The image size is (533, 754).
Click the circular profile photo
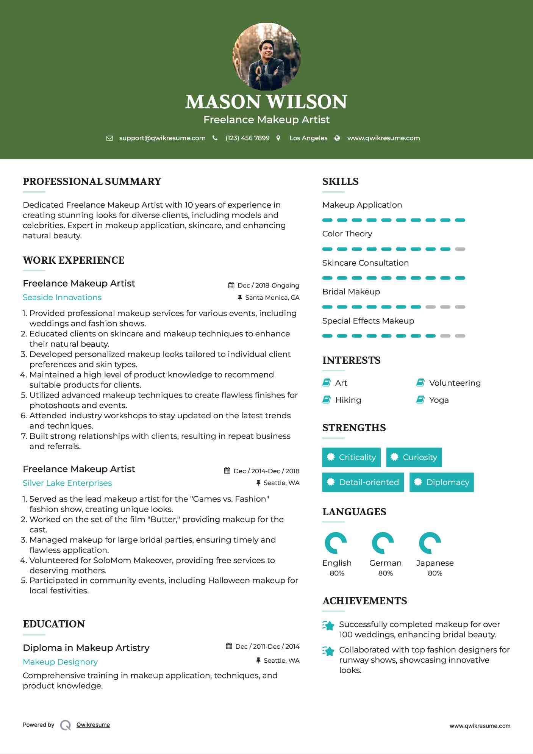(266, 57)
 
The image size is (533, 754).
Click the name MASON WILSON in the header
(266, 102)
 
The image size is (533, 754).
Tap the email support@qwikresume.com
(162, 138)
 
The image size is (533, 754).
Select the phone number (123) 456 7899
(247, 138)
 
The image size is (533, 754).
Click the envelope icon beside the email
(109, 138)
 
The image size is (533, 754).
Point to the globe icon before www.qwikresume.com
(337, 138)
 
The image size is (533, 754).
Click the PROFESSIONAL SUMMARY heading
(92, 181)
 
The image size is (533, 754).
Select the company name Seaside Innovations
(62, 297)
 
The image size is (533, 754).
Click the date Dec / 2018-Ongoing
(268, 285)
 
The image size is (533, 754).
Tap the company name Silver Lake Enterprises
(67, 483)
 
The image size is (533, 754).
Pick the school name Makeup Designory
(60, 662)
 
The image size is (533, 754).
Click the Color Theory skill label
(347, 234)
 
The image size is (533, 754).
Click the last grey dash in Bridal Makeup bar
(460, 307)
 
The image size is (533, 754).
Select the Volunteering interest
(455, 383)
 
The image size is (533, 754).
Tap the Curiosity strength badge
(414, 457)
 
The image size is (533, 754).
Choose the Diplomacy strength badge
(441, 482)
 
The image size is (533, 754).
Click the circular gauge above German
(383, 543)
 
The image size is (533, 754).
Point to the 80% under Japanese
(435, 573)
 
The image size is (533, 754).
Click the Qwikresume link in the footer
(93, 725)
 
